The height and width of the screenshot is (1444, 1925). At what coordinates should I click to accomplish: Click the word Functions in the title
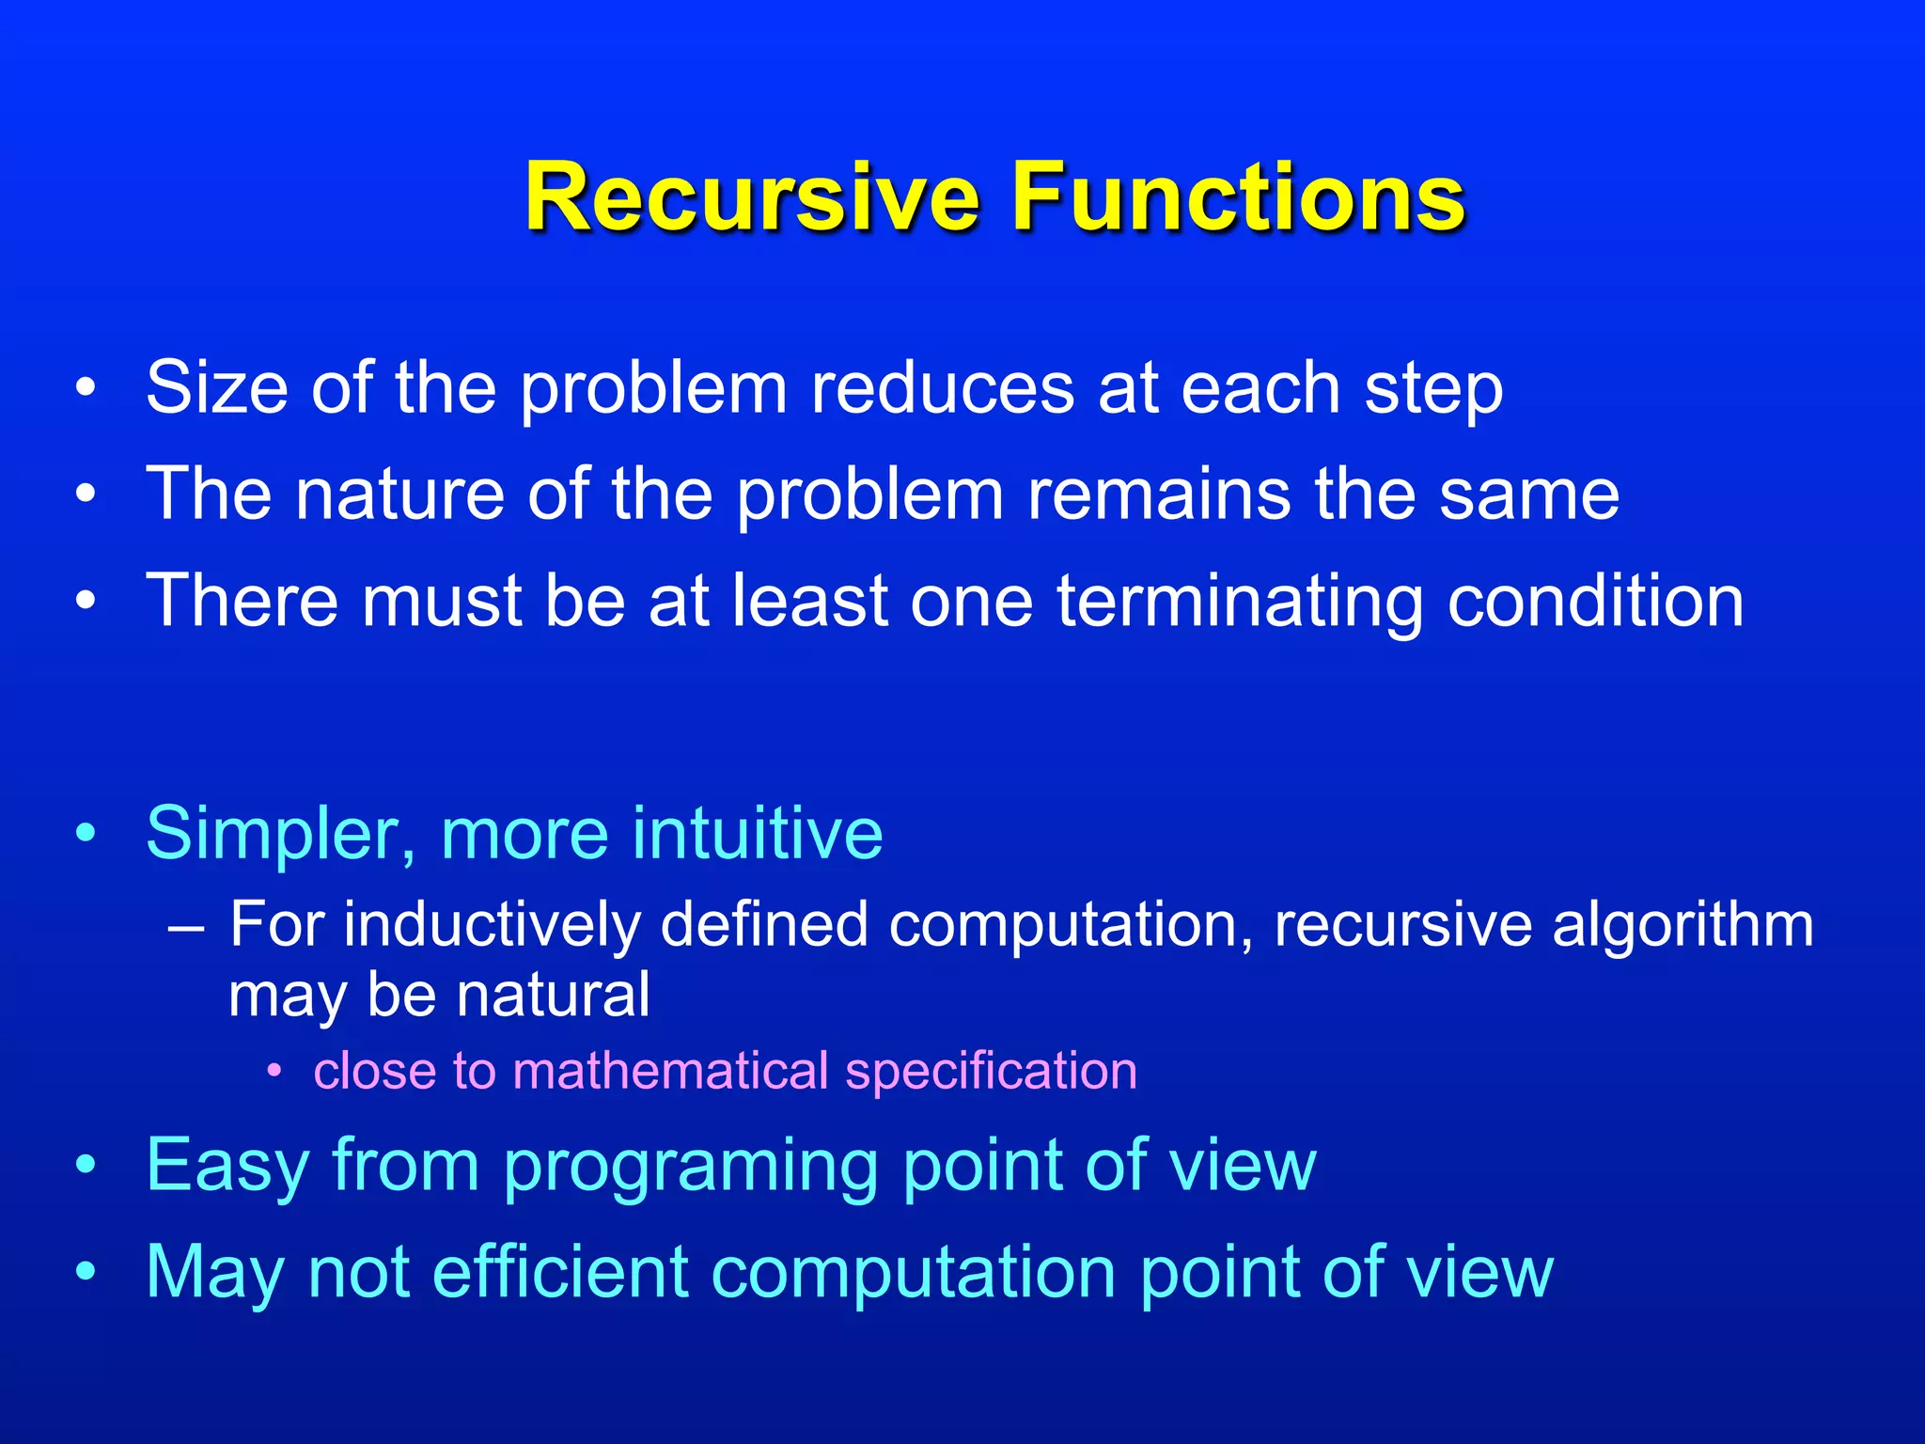coord(1238,197)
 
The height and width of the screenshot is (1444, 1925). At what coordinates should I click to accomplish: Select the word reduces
coord(941,387)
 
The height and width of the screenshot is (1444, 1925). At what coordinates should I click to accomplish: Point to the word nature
coord(401,495)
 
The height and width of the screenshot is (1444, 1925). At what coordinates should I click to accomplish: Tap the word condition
coord(1596,602)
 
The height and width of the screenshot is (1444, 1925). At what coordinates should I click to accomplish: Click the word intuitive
coord(758,834)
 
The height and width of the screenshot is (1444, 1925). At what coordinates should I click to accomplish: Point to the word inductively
coord(492,926)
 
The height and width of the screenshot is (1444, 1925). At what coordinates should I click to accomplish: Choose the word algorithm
coord(1682,926)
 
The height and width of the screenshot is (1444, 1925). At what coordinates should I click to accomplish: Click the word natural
coord(562,996)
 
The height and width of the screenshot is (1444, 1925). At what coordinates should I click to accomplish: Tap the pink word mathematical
coord(670,1072)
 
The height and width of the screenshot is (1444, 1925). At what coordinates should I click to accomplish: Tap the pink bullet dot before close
coord(274,1072)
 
